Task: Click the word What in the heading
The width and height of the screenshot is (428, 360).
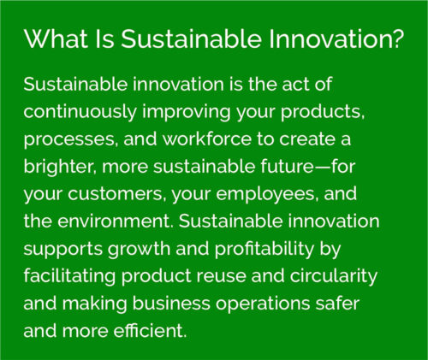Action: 56,38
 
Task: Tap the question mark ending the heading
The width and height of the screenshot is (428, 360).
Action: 398,38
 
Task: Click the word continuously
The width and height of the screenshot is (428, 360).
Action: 80,112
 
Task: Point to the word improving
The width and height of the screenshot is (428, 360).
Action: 187,112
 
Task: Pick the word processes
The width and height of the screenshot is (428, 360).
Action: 69,139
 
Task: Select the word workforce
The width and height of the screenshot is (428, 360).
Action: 207,139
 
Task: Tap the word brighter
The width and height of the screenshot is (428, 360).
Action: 58,167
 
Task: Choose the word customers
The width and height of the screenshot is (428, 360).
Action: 115,194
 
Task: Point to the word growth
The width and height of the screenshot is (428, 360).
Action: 139,250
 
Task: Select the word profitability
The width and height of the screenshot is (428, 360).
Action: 265,249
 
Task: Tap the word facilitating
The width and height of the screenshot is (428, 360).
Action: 69,276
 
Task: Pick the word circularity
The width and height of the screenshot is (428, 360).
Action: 334,276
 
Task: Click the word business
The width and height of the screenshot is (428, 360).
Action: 171,303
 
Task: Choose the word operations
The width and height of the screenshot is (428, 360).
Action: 263,304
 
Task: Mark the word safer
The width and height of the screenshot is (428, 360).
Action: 337,303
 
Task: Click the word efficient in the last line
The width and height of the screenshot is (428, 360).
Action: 150,330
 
